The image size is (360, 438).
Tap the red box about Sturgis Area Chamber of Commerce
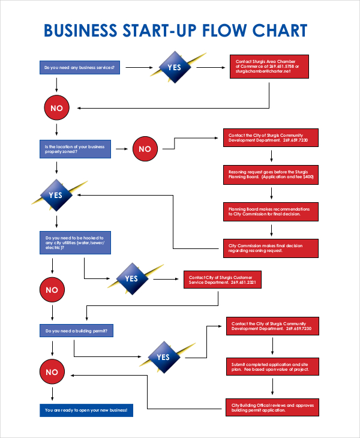(269, 67)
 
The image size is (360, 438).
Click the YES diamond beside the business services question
(174, 68)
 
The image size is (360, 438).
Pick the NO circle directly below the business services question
(56, 108)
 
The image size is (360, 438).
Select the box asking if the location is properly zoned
(75, 149)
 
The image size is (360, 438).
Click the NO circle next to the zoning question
(145, 149)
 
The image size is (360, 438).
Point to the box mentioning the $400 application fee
(271, 175)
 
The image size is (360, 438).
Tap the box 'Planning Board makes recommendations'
(271, 212)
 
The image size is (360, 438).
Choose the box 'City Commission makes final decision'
(271, 248)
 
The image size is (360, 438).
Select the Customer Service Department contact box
(223, 280)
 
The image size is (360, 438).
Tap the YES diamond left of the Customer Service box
(131, 278)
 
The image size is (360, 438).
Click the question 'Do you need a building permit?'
(75, 331)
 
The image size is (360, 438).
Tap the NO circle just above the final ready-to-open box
(52, 372)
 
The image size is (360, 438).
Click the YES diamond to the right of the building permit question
(163, 357)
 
